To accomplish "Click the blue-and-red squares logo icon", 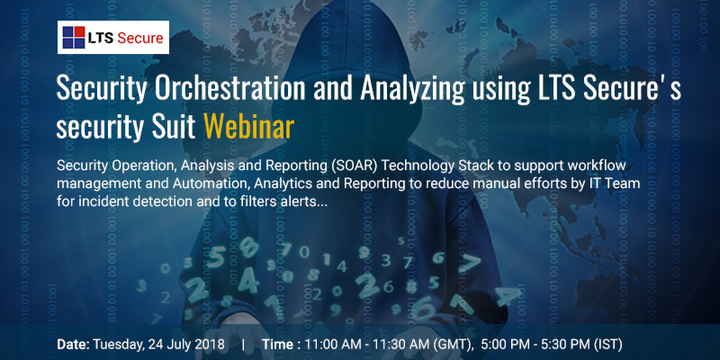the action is pos(74,37).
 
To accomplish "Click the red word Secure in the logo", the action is pos(140,38).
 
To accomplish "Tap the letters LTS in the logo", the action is pos(101,38).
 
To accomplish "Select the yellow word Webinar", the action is pos(248,126).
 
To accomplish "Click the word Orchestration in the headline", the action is pos(229,88).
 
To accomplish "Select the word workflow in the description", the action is pos(600,166).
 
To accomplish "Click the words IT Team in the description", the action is pos(618,184).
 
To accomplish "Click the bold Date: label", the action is pos(73,344).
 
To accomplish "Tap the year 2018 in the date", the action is pos(211,344).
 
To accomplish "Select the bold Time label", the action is pos(277,344).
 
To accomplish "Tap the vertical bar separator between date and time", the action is pos(243,344).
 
